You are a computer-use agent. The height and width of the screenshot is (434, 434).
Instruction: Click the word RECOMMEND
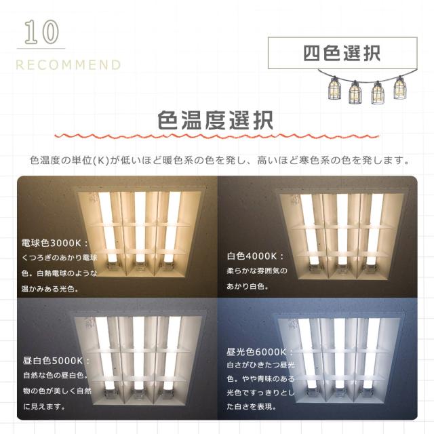(68, 65)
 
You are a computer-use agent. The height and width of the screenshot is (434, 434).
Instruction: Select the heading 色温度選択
(216, 121)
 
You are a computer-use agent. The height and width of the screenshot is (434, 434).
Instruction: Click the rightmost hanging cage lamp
(400, 89)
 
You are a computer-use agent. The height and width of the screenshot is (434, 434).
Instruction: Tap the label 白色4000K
(255, 257)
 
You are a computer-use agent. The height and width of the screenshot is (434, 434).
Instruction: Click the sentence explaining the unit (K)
(220, 161)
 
